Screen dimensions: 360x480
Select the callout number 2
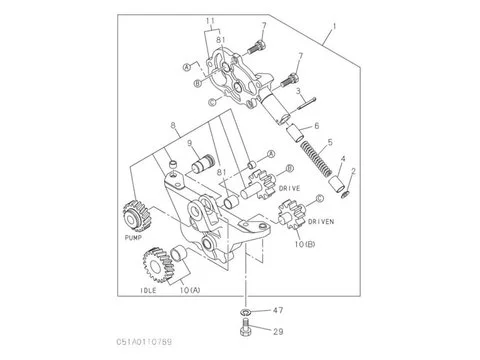(351, 171)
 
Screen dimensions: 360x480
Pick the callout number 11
(211, 20)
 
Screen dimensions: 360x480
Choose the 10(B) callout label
(305, 243)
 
